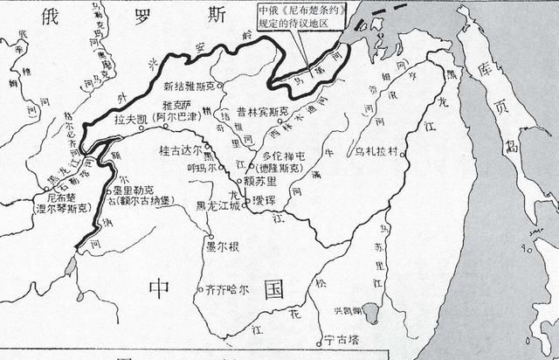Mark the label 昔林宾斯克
pyautogui.click(x=256, y=111)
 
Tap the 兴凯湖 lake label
pyautogui.click(x=352, y=312)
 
